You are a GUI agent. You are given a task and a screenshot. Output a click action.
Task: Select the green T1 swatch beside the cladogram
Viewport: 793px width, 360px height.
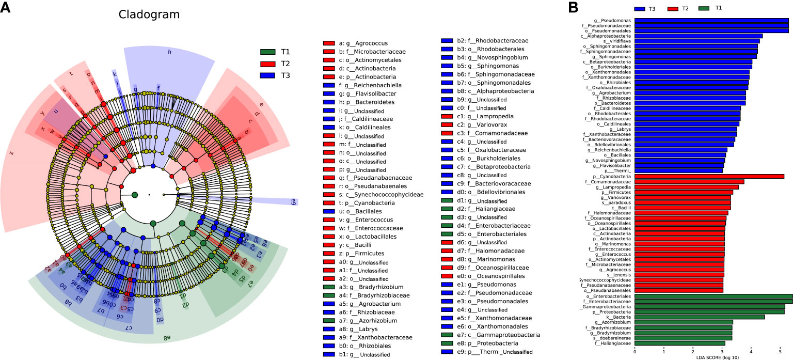pyautogui.click(x=268, y=52)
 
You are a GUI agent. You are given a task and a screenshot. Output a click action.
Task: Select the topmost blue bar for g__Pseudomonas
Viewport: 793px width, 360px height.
pyautogui.click(x=711, y=21)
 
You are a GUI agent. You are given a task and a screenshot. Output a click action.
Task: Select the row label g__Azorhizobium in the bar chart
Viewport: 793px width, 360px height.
pyautogui.click(x=614, y=322)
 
